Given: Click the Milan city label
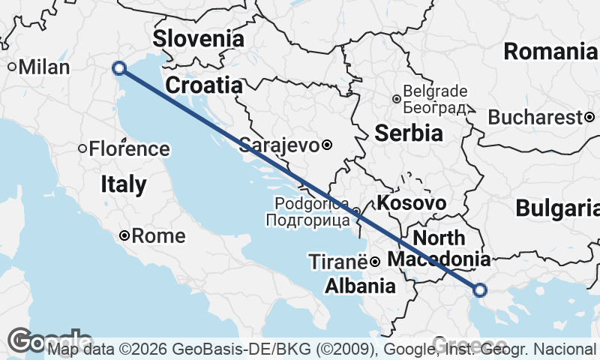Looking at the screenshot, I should point(44,67).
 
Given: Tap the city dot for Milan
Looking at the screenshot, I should point(13,67).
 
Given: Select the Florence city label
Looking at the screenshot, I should point(129,148).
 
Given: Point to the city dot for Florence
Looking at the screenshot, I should point(83,148).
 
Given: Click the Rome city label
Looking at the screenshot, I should point(158,236).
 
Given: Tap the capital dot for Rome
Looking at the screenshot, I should point(125,236).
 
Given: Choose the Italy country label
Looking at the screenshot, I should point(124,184).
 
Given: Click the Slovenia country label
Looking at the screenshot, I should point(199,39).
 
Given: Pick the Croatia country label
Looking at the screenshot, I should point(204,85).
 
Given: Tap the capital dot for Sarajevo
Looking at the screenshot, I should point(327,145).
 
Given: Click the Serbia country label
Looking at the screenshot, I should point(407,133).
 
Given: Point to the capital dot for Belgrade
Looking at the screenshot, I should point(397,98).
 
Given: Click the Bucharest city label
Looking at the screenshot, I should point(535,118).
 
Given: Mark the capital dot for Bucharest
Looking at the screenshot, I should point(590,117).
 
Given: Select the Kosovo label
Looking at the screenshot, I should point(412,203).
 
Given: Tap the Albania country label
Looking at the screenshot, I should point(360,286).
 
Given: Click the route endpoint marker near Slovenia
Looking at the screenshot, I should point(118,68).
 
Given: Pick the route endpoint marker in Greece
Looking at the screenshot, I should point(480,289).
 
